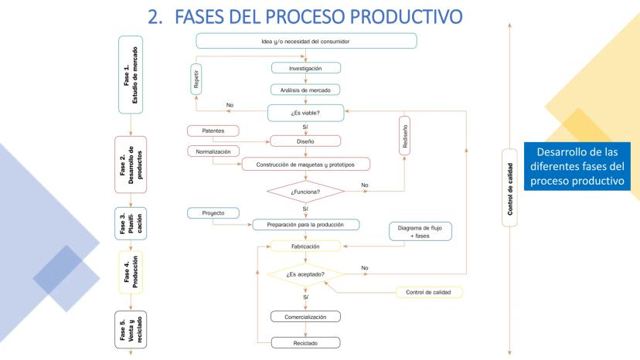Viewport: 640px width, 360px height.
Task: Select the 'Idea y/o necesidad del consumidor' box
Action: click(306, 41)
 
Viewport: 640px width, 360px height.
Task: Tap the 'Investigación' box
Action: click(306, 68)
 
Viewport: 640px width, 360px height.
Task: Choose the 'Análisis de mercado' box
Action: click(306, 89)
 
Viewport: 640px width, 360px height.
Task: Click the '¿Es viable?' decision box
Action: click(306, 113)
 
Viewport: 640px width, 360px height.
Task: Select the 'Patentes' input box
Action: click(213, 131)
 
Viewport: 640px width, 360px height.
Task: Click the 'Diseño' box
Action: click(306, 141)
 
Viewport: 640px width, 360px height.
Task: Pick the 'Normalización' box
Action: click(213, 151)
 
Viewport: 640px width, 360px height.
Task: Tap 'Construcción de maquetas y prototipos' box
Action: click(306, 164)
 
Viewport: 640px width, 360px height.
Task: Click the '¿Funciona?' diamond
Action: click(306, 191)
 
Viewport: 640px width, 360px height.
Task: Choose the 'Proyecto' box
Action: click(213, 212)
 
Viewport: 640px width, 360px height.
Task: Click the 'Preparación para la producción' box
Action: click(306, 225)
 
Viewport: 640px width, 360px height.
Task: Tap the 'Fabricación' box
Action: click(306, 246)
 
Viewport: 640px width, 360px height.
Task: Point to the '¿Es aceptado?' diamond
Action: click(306, 274)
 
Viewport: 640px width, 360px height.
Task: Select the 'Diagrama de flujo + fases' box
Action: click(420, 232)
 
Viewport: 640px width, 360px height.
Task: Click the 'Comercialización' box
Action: click(306, 317)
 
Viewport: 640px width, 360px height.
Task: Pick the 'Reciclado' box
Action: click(306, 341)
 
